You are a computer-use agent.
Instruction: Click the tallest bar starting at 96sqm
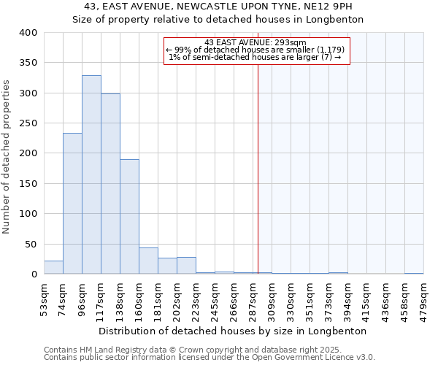[x=91, y=175]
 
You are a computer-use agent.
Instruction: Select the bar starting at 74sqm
[x=72, y=204]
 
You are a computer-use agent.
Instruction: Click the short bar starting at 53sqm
[x=53, y=267]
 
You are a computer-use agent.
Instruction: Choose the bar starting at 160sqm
[x=148, y=261]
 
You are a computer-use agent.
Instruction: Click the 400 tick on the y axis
[x=28, y=33]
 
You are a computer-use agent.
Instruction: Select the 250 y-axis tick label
[x=28, y=123]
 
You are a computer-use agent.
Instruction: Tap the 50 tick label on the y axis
[x=31, y=244]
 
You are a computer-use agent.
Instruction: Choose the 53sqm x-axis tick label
[x=45, y=296]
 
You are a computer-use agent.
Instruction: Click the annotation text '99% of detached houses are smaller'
[x=256, y=50]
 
